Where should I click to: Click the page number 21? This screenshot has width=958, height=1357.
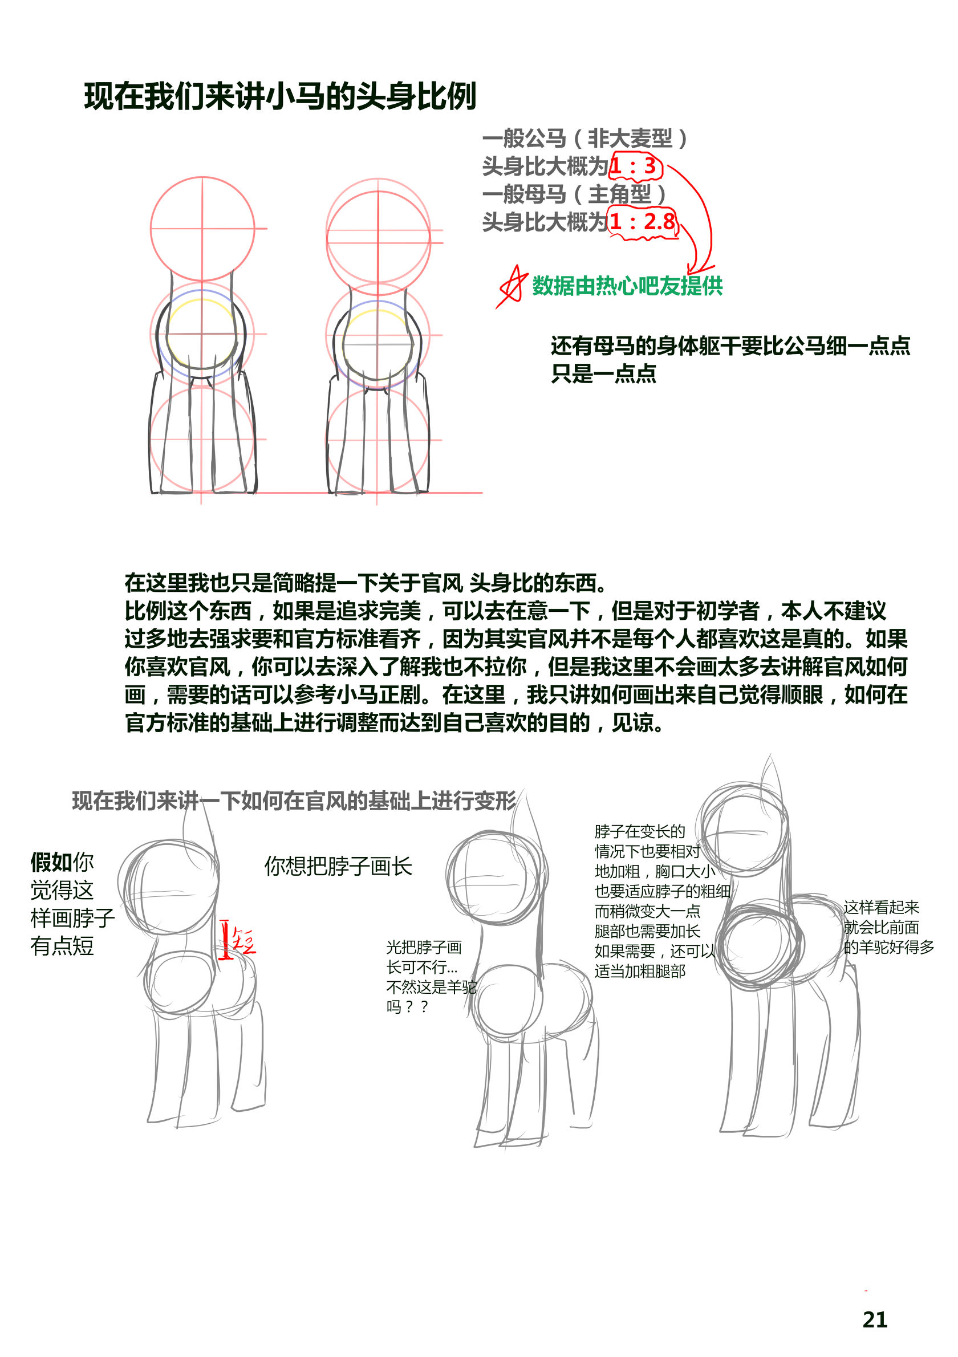(875, 1320)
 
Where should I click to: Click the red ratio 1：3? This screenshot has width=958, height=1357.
(633, 166)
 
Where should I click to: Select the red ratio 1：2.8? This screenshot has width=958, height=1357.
(643, 222)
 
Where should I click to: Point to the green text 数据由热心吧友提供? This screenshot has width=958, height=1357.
(627, 286)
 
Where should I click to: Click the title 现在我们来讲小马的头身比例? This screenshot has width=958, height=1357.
(280, 96)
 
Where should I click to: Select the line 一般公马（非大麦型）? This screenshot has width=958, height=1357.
(585, 139)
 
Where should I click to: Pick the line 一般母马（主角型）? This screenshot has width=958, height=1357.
(574, 194)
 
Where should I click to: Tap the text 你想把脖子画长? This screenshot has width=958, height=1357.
(338, 867)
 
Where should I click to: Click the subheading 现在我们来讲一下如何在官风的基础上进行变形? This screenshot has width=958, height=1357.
(294, 801)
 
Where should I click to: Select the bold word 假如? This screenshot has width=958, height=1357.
(51, 862)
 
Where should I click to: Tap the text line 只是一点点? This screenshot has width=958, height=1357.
(603, 373)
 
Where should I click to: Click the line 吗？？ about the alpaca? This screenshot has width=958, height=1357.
(407, 1006)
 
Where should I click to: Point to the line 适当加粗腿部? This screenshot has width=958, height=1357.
(640, 970)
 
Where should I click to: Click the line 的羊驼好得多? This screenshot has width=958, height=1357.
(889, 947)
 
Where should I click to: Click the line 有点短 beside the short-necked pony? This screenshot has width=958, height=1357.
(62, 946)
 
